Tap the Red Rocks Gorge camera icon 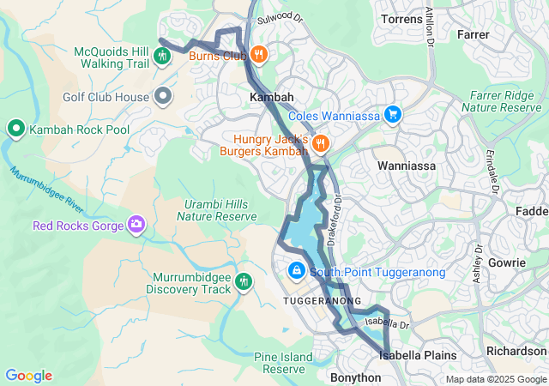tap(136, 226)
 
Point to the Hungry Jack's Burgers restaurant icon tap(321, 143)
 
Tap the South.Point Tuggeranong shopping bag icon tap(296, 272)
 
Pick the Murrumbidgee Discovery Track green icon tap(244, 282)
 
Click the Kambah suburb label tap(271, 98)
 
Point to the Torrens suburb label tap(401, 18)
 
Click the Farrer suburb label tap(473, 35)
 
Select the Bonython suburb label tap(354, 377)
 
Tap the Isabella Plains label tap(416, 354)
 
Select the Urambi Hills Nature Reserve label tap(211, 210)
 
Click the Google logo tap(28, 376)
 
